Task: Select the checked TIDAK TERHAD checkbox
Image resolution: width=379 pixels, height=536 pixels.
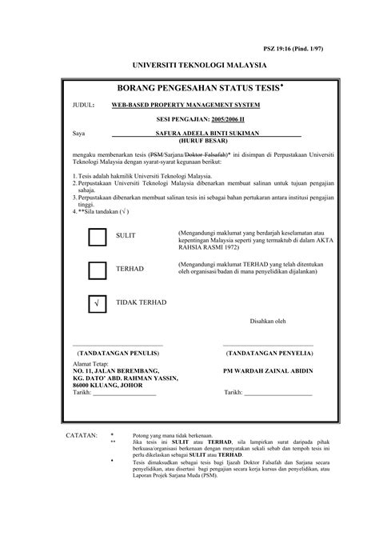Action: pyautogui.click(x=97, y=304)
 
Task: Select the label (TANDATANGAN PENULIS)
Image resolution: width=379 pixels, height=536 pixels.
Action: pyautogui.click(x=117, y=352)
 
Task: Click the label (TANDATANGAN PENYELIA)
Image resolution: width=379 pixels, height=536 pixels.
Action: pyautogui.click(x=267, y=352)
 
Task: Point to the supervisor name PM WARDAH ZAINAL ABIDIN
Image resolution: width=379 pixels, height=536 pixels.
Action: pyautogui.click(x=268, y=371)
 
